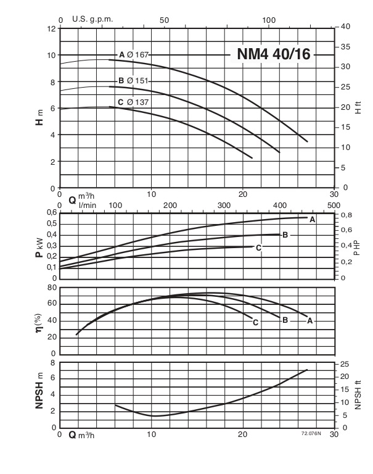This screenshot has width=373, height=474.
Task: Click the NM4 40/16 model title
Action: click(274, 54)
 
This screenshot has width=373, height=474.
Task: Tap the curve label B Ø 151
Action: click(133, 81)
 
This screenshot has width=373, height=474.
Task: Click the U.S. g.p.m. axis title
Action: click(92, 19)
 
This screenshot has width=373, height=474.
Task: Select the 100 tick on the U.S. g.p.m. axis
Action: click(269, 19)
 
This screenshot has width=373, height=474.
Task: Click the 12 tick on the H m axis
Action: click(51, 28)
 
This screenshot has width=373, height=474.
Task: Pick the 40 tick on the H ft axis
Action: click(346, 27)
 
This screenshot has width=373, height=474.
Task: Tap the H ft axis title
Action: click(358, 108)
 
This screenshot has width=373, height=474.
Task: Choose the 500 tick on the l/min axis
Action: click(334, 206)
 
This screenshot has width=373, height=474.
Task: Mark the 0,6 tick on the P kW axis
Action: click(49, 213)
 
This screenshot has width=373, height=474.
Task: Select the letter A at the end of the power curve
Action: click(312, 220)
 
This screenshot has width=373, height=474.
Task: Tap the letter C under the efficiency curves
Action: click(255, 322)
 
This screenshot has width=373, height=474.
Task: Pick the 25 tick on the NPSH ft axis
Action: click(345, 363)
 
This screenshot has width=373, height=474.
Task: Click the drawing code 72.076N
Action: click(313, 434)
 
